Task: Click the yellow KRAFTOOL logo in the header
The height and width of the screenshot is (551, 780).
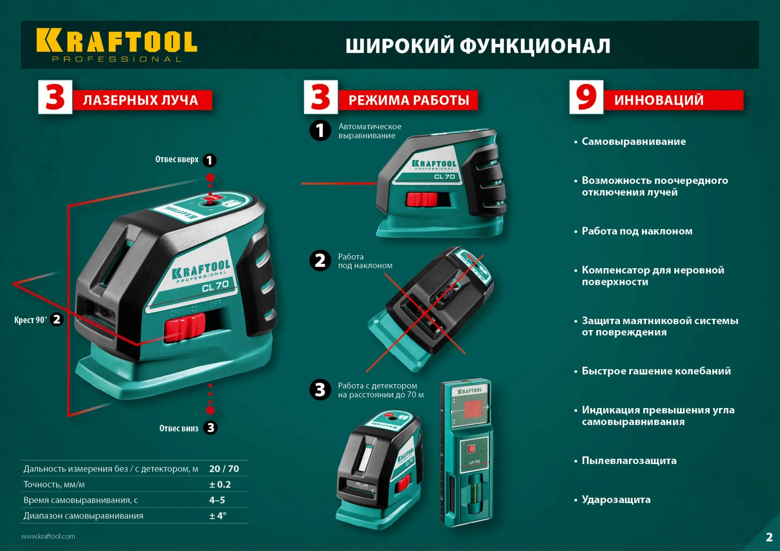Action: point(117,41)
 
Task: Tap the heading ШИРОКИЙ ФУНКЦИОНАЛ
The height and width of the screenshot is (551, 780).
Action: point(478,45)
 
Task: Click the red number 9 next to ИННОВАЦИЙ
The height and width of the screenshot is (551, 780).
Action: point(586,97)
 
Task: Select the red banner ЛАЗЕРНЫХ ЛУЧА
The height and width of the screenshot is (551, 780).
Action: point(142,100)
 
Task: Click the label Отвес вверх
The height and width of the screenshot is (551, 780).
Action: point(177,160)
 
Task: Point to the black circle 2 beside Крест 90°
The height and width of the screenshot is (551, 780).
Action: point(57,320)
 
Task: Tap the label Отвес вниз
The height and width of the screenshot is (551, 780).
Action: point(179,428)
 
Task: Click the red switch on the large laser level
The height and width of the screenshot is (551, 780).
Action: point(185,326)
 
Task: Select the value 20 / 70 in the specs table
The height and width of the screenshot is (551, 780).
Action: point(224,469)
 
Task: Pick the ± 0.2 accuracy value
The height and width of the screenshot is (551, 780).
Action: point(220,484)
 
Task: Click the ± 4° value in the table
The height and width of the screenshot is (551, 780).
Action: point(218,516)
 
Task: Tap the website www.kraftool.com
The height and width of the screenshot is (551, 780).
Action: point(48,536)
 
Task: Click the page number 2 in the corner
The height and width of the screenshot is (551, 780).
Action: point(769,537)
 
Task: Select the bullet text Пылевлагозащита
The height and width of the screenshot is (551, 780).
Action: point(629,460)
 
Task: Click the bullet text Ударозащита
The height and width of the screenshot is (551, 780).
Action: point(616,499)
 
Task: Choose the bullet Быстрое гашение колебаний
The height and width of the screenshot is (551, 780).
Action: point(656,371)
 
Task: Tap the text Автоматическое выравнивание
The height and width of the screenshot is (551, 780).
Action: point(370,131)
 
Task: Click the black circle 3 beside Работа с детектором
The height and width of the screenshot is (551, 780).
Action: point(320,390)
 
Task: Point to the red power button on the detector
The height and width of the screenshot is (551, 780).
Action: point(472,449)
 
